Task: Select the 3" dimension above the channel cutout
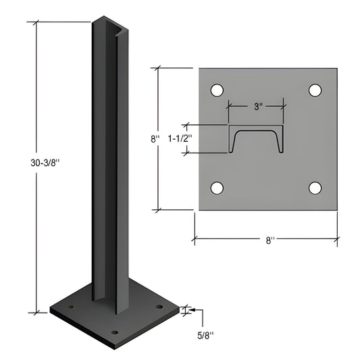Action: (x=257, y=107)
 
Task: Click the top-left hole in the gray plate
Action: (x=217, y=90)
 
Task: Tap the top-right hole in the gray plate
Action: (x=315, y=90)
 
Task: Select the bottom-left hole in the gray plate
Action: (x=217, y=188)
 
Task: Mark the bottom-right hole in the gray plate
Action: (x=315, y=188)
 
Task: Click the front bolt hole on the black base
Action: (x=114, y=332)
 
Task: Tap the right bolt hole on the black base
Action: (x=159, y=307)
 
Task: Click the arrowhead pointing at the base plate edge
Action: (x=184, y=310)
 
